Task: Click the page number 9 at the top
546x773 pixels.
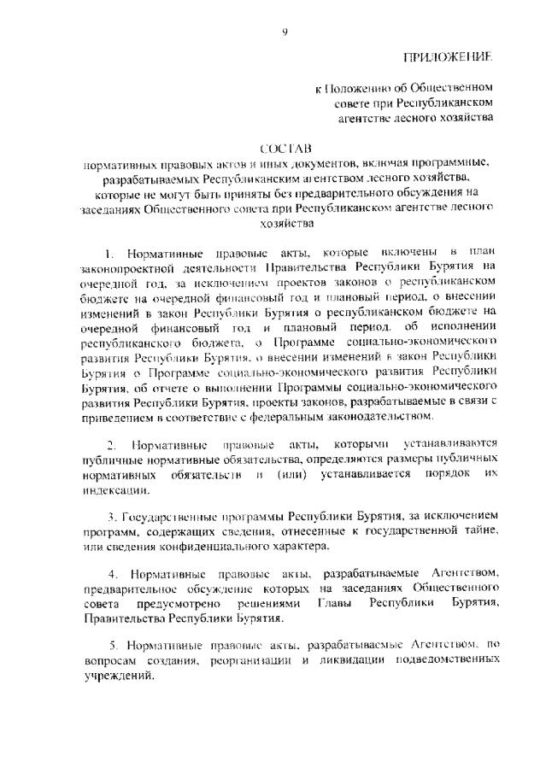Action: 285,32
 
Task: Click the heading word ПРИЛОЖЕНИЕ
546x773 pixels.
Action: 450,57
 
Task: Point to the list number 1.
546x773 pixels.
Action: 108,255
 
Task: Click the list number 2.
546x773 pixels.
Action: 111,445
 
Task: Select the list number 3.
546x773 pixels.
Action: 111,517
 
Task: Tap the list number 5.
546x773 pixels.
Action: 111,642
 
